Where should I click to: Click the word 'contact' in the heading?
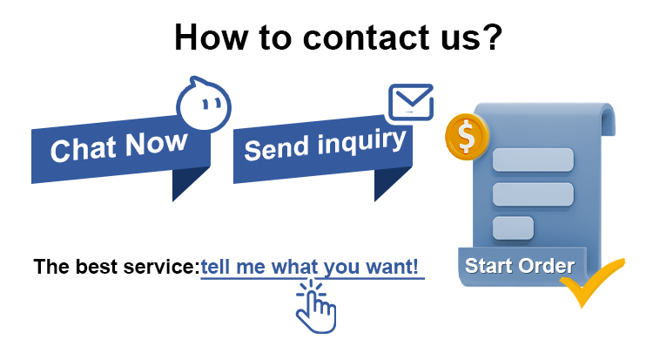pos(366,37)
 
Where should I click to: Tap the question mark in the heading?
pos(492,37)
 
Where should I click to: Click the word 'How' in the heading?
pos(211,37)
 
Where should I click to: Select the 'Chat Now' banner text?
pos(118,146)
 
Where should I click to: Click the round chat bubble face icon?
pos(204,104)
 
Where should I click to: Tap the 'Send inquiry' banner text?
pos(325,145)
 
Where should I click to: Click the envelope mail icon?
pos(411,102)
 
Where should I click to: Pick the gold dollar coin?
pos(467,136)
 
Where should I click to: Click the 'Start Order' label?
pos(519,266)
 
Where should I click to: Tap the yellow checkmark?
pos(592,282)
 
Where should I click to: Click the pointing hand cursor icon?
pos(316,307)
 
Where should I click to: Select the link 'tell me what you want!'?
pos(309,267)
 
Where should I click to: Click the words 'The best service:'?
pos(117,267)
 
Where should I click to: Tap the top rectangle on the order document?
pos(533,160)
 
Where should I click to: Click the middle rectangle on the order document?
pos(533,194)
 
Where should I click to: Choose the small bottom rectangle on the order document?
pos(513,228)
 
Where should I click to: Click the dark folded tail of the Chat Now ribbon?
pos(186,181)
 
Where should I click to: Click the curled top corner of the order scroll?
pos(606,118)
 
